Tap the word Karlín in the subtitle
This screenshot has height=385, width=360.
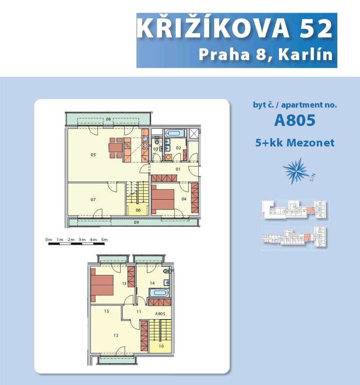pyautogui.click(x=305, y=54)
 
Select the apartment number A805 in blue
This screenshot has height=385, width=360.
pyautogui.click(x=295, y=120)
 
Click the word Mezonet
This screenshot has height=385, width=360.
pyautogui.click(x=311, y=142)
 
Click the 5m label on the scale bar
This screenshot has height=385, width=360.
pyautogui.click(x=104, y=240)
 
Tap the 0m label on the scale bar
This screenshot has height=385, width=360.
pyautogui.click(x=49, y=240)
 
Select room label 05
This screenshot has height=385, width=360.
pyautogui.click(x=93, y=155)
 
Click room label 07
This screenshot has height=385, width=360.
pyautogui.click(x=93, y=200)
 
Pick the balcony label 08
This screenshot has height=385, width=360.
pyautogui.click(x=108, y=119)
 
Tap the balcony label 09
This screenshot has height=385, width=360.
pyautogui.click(x=136, y=222)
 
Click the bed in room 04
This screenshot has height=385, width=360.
pyautogui.click(x=163, y=199)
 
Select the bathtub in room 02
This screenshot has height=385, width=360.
pyautogui.click(x=175, y=133)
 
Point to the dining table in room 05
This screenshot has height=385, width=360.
pyautogui.click(x=116, y=148)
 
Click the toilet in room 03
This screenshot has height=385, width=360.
pyautogui.click(x=157, y=141)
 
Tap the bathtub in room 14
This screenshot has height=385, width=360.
pyautogui.click(x=159, y=293)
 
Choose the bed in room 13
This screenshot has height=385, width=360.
pyautogui.click(x=102, y=285)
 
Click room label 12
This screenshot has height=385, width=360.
pyautogui.click(x=116, y=335)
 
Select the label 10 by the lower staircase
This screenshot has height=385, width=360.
pyautogui.click(x=161, y=346)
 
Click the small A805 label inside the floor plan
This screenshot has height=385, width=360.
pyautogui.click(x=160, y=314)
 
